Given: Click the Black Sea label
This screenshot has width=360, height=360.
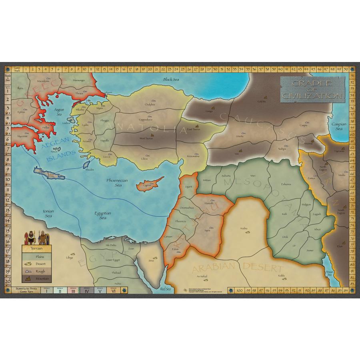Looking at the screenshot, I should point(171,79).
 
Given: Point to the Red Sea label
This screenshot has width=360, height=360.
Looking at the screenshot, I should point(165,288).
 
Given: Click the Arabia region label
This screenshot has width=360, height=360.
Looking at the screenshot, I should point(244,228).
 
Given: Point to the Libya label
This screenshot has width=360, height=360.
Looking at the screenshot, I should point(70,257).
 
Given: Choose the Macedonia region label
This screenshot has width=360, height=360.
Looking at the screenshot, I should point(44,81).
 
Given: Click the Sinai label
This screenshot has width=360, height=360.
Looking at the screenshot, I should point(151,260).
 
